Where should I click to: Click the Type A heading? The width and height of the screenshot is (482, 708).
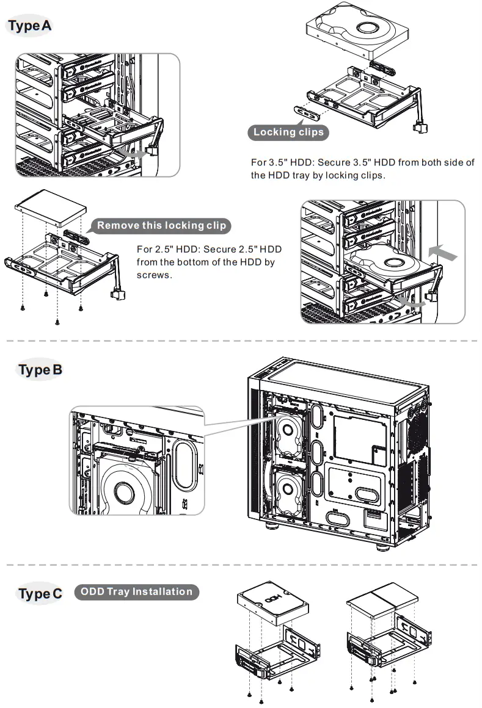click(x=29, y=26)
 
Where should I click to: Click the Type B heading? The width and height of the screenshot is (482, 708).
click(x=40, y=369)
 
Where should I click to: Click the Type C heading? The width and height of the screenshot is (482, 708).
click(x=40, y=593)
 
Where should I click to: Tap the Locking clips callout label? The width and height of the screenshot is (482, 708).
click(x=288, y=132)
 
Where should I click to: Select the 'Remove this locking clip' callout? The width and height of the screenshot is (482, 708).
click(x=161, y=225)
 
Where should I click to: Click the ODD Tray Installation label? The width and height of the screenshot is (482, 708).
click(x=136, y=591)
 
